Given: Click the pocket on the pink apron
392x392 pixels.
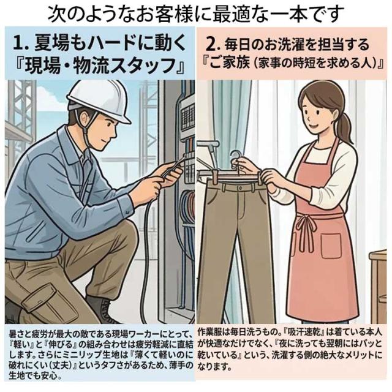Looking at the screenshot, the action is pyautogui.click(x=331, y=246).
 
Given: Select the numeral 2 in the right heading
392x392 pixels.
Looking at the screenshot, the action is pyautogui.click(x=211, y=45).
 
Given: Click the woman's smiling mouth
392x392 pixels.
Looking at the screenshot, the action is pyautogui.click(x=313, y=126).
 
